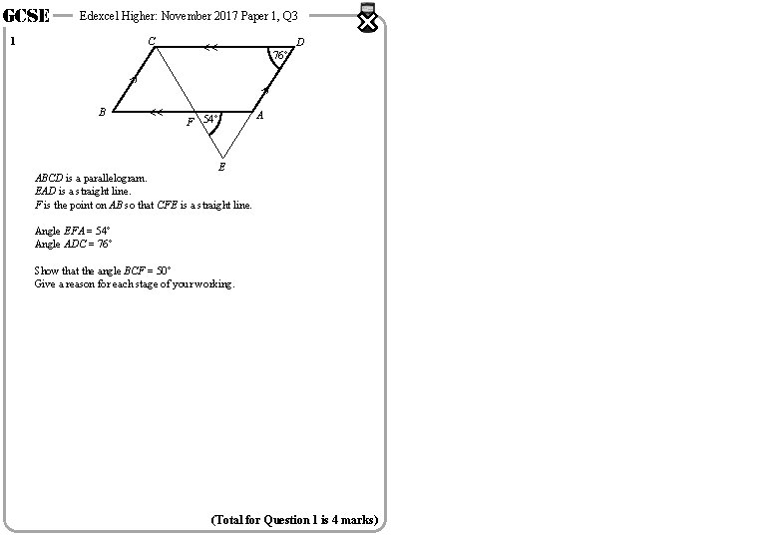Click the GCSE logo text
tap(27, 16)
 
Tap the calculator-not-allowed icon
tap(368, 18)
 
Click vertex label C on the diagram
tap(152, 41)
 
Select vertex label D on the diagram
tap(300, 42)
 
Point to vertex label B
tap(102, 113)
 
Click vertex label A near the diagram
tap(259, 116)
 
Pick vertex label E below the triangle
tap(221, 167)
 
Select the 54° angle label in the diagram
tap(210, 120)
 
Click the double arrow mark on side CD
tap(210, 47)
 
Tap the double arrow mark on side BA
tap(156, 113)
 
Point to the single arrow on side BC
tap(135, 78)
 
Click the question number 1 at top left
tap(12, 42)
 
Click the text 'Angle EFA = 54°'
tap(72, 231)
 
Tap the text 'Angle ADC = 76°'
tap(73, 244)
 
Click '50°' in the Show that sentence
tap(163, 270)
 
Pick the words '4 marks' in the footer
tap(355, 520)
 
